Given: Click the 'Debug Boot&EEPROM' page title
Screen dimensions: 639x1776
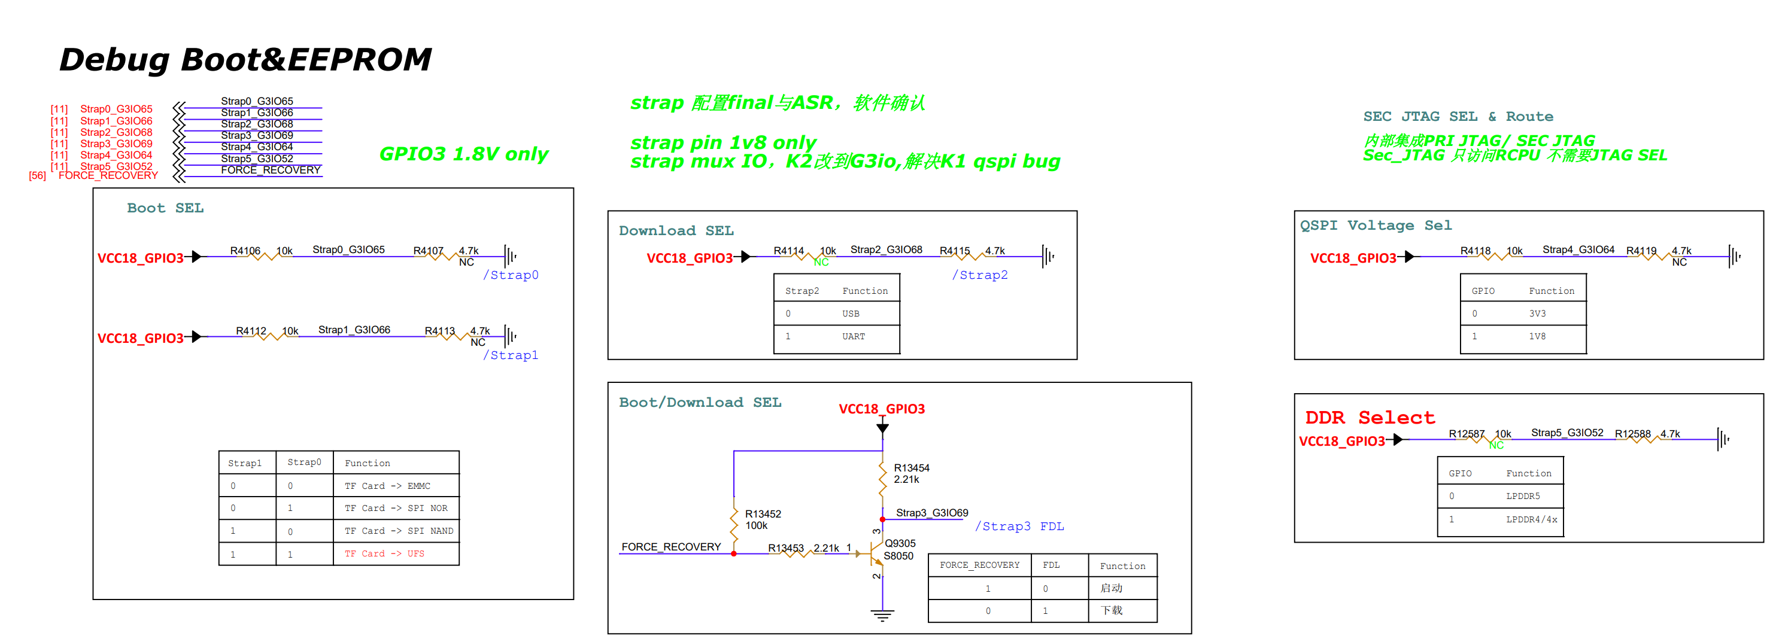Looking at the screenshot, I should [245, 59].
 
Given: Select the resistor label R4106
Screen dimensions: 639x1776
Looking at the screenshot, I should [245, 251].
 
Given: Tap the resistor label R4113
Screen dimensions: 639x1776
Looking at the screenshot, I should [439, 331].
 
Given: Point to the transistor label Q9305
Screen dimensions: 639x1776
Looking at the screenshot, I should [900, 543].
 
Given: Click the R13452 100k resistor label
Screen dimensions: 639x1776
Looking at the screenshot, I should [763, 520].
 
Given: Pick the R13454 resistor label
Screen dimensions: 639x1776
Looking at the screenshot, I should [912, 468].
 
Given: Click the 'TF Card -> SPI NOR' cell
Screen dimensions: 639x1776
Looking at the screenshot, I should [396, 508].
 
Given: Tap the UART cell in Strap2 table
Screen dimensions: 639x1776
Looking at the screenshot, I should [853, 336].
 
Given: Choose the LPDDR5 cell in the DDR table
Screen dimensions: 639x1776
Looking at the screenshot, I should [1522, 497].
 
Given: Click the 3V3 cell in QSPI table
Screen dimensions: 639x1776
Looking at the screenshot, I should [1537, 314].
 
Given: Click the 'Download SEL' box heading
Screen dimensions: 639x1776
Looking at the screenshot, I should [676, 231].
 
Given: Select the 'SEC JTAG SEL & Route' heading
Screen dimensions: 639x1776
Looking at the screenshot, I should [1458, 117].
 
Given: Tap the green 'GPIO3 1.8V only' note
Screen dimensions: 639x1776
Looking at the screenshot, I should [463, 154].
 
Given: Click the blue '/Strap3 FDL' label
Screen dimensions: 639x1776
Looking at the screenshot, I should [1019, 527].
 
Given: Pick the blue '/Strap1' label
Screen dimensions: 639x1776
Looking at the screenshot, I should [510, 355].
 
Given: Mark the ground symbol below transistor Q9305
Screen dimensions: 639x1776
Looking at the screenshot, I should [882, 614].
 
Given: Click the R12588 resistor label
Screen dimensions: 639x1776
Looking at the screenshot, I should [1632, 434].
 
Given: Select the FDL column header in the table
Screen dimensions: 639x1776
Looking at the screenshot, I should [1051, 565].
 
